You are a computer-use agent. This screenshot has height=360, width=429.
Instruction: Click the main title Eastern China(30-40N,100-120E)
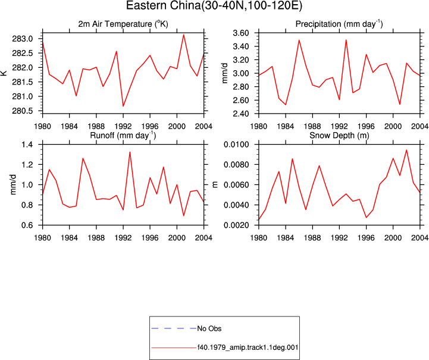(x=214, y=6)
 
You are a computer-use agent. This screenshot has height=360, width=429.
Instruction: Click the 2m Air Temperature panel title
(x=123, y=24)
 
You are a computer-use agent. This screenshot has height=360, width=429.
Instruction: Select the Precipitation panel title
(x=339, y=24)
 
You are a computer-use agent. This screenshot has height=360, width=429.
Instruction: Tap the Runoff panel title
(x=123, y=136)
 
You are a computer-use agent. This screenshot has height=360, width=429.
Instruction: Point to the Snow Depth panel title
(x=339, y=136)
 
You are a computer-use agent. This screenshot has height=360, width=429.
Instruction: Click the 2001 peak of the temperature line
(x=184, y=35)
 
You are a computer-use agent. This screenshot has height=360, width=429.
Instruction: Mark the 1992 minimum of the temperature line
(x=123, y=106)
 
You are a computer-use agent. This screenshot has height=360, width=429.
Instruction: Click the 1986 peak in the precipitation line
(x=299, y=40)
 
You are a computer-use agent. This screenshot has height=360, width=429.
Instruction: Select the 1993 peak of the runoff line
(x=130, y=152)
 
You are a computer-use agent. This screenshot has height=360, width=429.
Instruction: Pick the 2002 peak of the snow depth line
(x=406, y=150)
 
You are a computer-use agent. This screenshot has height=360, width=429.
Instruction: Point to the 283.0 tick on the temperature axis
(x=23, y=39)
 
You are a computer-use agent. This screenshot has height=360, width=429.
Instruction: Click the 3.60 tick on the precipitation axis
(x=241, y=33)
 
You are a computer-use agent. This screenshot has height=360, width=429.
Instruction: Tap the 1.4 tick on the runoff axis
(x=27, y=145)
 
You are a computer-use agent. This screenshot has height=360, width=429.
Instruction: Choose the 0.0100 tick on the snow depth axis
(x=236, y=145)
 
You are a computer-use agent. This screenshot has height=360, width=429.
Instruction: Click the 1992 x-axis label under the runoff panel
(x=123, y=238)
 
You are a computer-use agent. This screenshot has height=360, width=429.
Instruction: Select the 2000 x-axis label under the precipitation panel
(x=393, y=126)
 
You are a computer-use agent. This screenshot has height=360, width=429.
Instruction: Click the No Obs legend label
(x=209, y=328)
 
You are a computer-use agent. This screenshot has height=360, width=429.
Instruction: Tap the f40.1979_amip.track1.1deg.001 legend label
(x=248, y=348)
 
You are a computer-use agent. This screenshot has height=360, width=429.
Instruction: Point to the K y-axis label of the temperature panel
(x=4, y=73)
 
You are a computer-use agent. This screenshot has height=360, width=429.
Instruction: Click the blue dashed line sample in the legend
(x=174, y=328)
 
